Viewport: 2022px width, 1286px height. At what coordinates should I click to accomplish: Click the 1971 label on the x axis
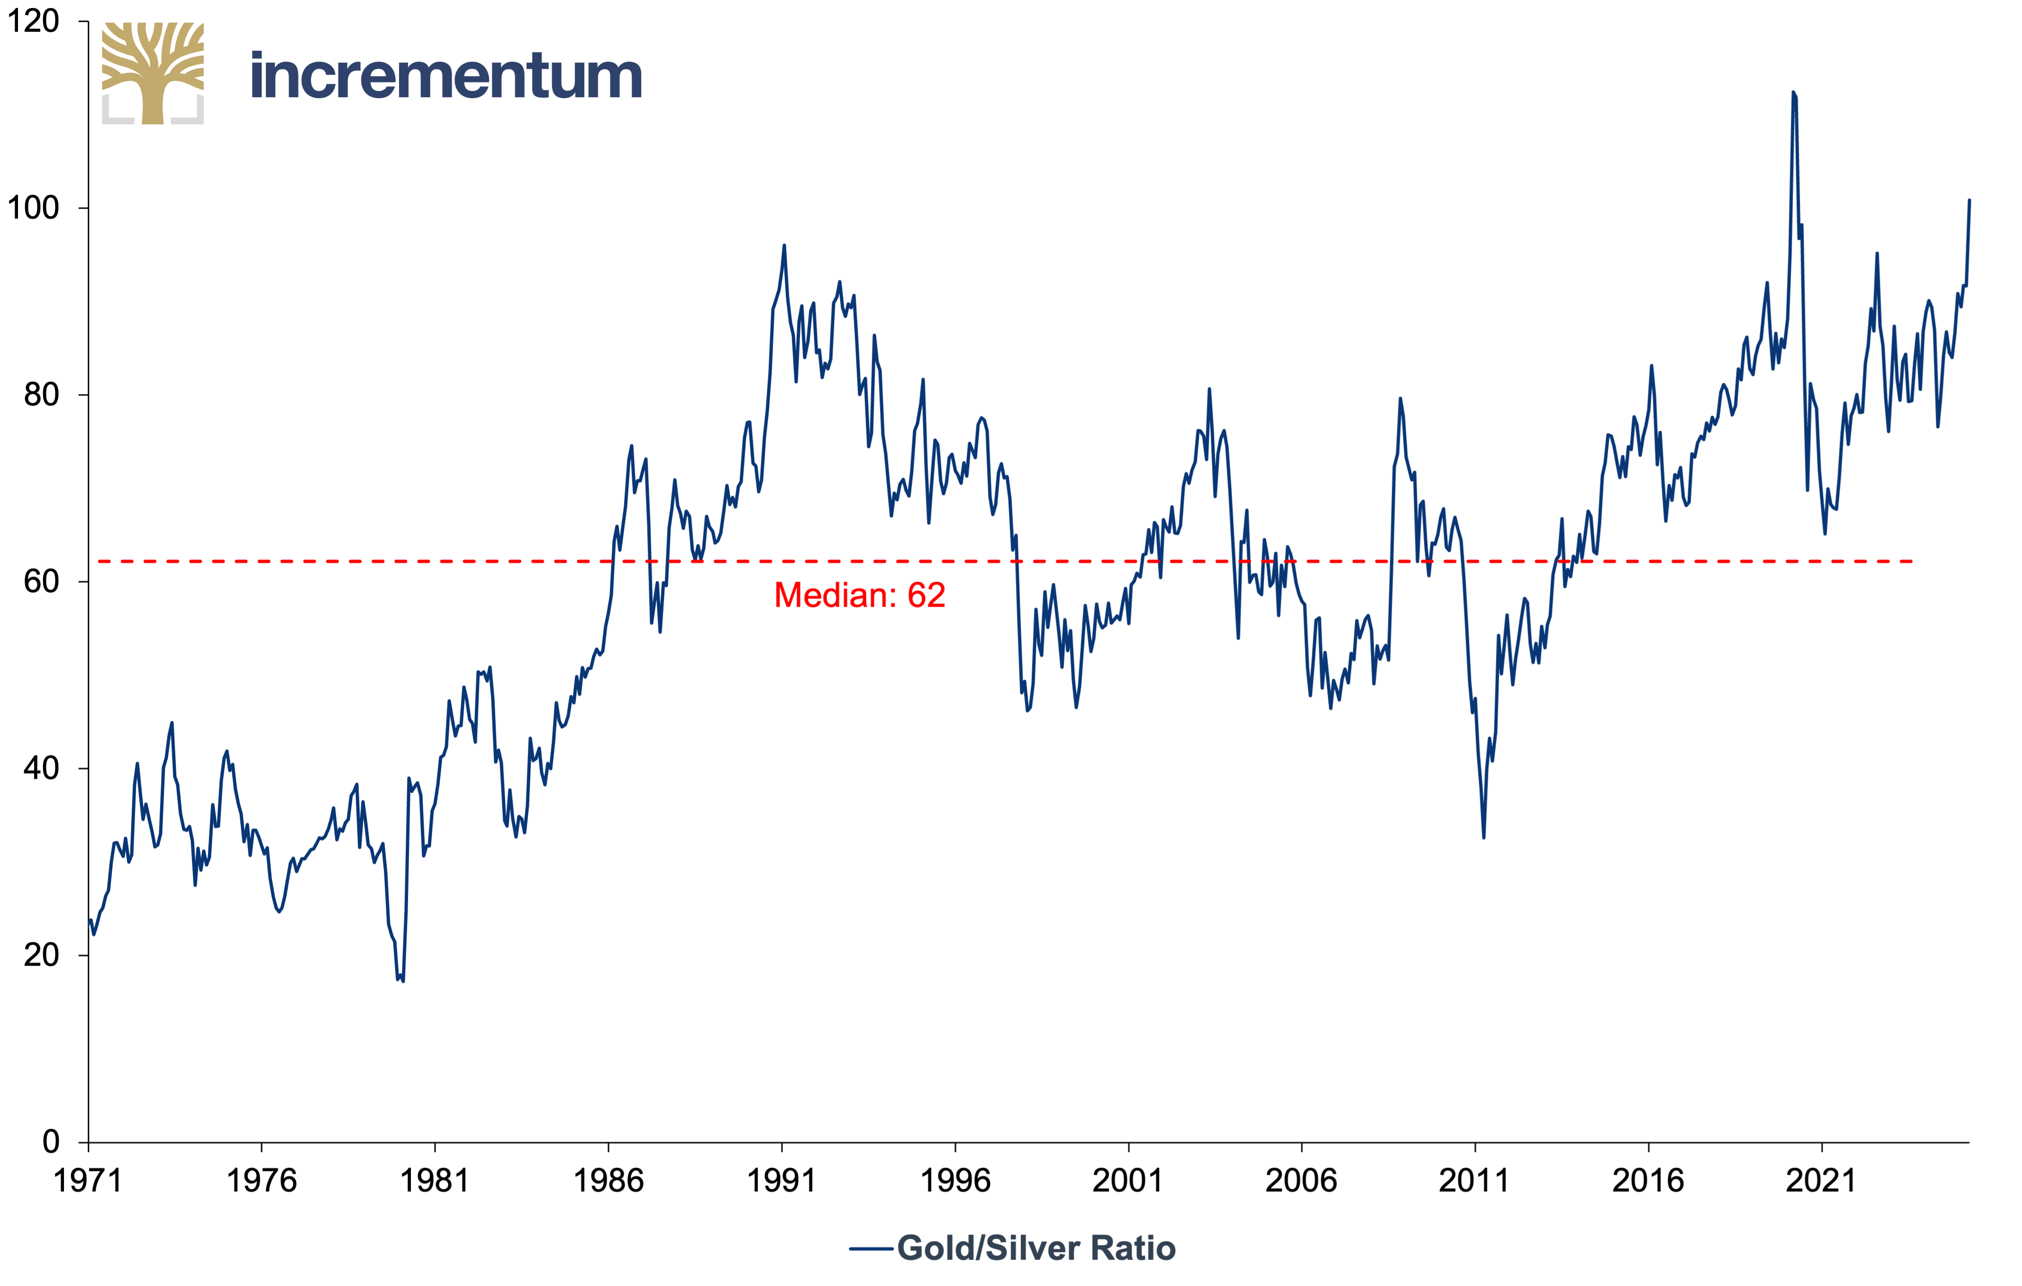click(x=88, y=1181)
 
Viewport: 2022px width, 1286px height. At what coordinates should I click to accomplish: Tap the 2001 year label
click(x=1128, y=1181)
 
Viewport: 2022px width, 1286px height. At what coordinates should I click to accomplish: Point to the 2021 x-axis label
click(x=1821, y=1181)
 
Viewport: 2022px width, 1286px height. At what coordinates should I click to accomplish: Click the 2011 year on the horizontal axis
click(x=1475, y=1181)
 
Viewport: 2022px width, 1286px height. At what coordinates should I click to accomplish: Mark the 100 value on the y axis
click(x=34, y=208)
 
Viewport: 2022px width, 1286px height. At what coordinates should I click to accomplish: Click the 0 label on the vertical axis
click(x=51, y=1141)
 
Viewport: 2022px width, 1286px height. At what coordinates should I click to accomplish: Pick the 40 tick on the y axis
click(x=42, y=768)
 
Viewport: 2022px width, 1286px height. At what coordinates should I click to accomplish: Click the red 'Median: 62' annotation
click(x=860, y=595)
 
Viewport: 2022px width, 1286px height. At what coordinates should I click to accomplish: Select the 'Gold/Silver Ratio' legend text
click(x=1036, y=1248)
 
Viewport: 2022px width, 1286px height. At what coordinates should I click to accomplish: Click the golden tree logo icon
click(x=153, y=73)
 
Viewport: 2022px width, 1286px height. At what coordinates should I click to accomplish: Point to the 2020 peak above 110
click(x=1793, y=92)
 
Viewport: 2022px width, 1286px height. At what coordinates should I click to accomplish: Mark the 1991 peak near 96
click(x=784, y=245)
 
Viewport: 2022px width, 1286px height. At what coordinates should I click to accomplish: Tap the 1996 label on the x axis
click(x=955, y=1181)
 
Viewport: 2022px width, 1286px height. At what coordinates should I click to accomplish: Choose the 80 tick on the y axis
click(x=42, y=395)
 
